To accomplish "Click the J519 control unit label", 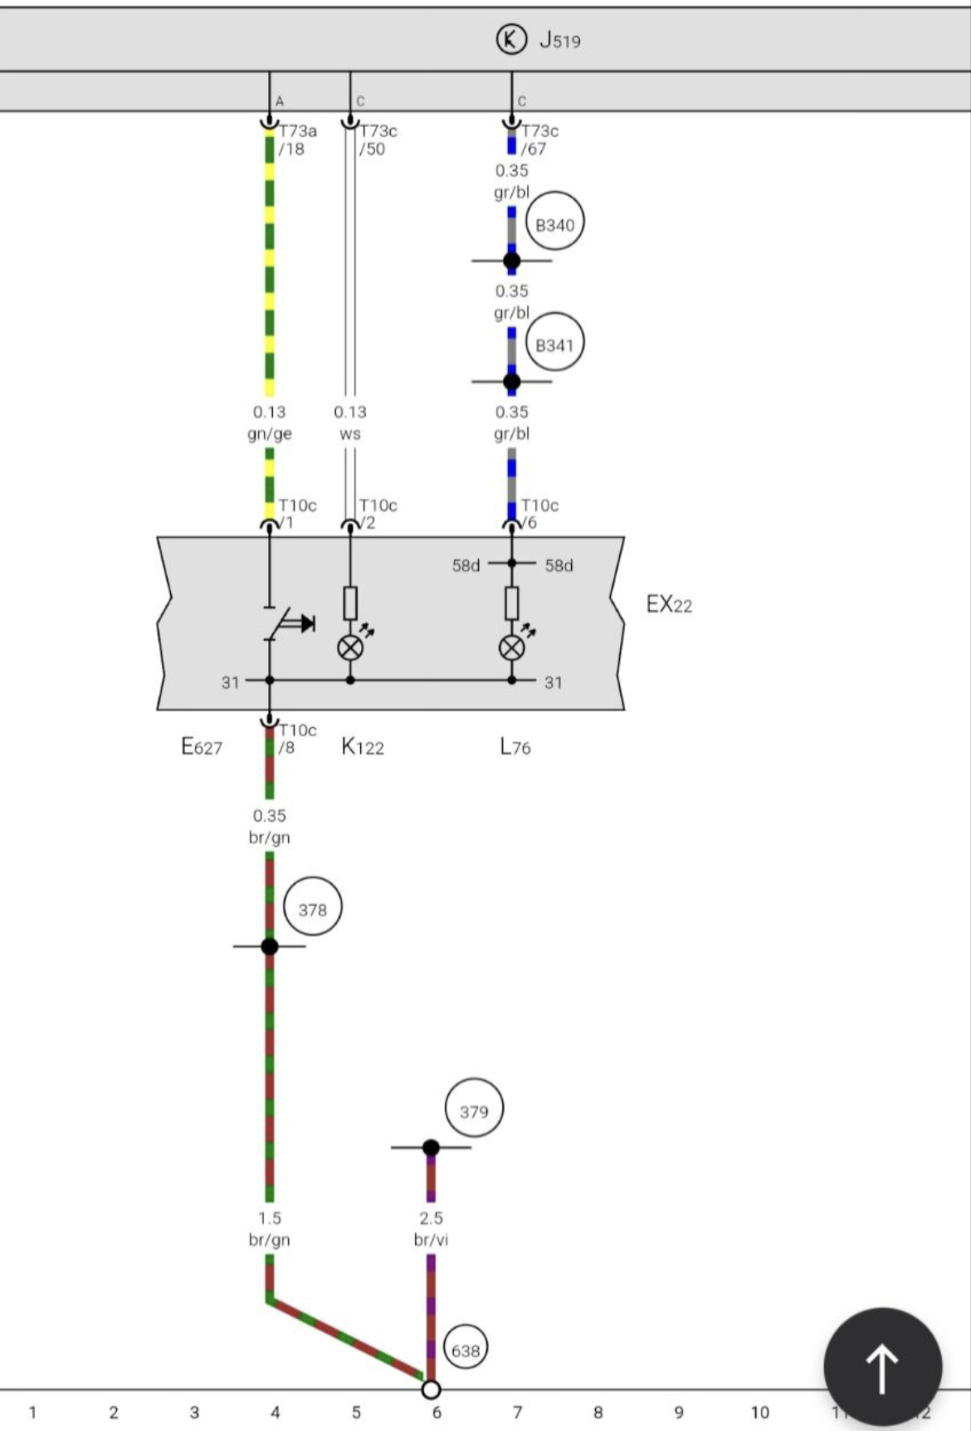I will (560, 40).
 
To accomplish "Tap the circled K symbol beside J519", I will (511, 39).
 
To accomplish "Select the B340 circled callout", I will (554, 224).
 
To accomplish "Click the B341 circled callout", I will (554, 345).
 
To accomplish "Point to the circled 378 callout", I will (313, 910).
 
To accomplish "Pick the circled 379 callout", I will (474, 1111).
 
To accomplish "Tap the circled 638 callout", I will (466, 1350).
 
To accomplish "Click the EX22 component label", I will (669, 604).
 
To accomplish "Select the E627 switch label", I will (202, 747).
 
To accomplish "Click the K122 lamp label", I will (363, 747).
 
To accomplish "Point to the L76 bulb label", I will (515, 747).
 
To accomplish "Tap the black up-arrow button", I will (882, 1367).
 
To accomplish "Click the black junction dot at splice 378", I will (270, 946).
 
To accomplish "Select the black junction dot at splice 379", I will (431, 1148).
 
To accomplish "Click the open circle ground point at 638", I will (431, 1389).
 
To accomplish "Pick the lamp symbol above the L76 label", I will (511, 647).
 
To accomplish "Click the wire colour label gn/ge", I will (270, 433).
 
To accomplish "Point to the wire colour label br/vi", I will (431, 1240).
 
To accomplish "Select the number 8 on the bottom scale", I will (598, 1413).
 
